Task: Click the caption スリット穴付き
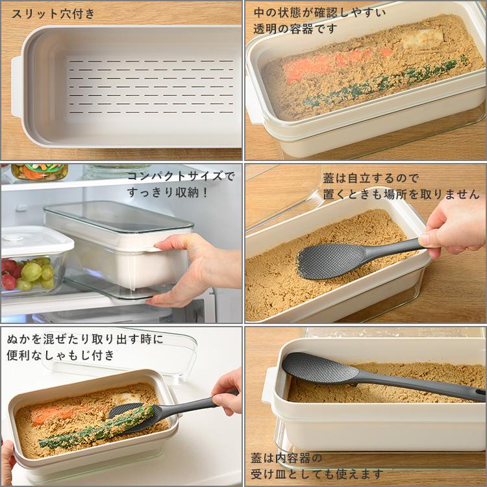coord(53,13)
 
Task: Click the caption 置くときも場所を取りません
coord(401,194)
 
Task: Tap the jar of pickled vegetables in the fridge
coord(39,172)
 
